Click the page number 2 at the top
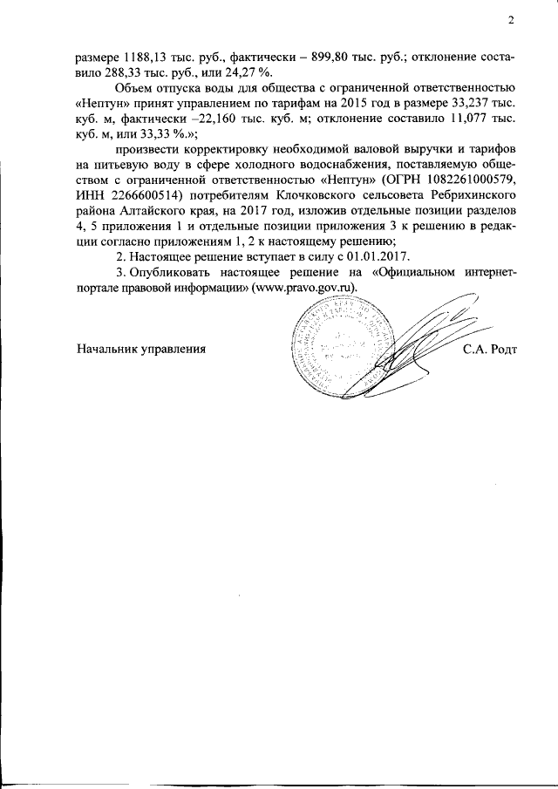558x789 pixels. coord(512,21)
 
